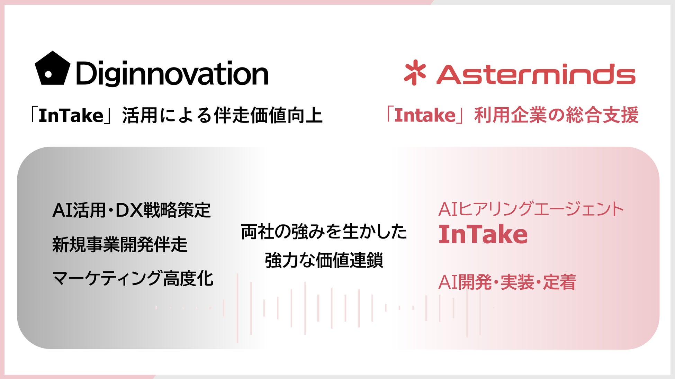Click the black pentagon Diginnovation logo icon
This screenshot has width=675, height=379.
click(52, 69)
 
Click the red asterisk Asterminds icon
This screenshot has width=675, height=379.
click(415, 72)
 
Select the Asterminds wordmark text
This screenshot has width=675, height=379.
click(536, 74)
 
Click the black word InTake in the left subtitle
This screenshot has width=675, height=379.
click(71, 116)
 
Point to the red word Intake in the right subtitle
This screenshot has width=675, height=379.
click(425, 115)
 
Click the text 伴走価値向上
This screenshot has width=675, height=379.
click(269, 115)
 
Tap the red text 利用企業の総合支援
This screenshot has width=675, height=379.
click(557, 115)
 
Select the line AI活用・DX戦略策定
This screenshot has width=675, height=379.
click(132, 210)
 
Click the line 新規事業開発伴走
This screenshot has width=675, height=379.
click(120, 244)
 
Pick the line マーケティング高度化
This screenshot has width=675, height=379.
click(133, 279)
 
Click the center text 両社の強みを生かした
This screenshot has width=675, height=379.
click(324, 232)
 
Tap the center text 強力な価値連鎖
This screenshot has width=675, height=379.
click(324, 260)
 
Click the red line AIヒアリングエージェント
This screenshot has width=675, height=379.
click(531, 209)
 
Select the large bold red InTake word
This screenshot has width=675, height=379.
click(483, 234)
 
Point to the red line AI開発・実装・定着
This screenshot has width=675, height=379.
click(507, 282)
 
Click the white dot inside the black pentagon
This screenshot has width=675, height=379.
click(49, 74)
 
